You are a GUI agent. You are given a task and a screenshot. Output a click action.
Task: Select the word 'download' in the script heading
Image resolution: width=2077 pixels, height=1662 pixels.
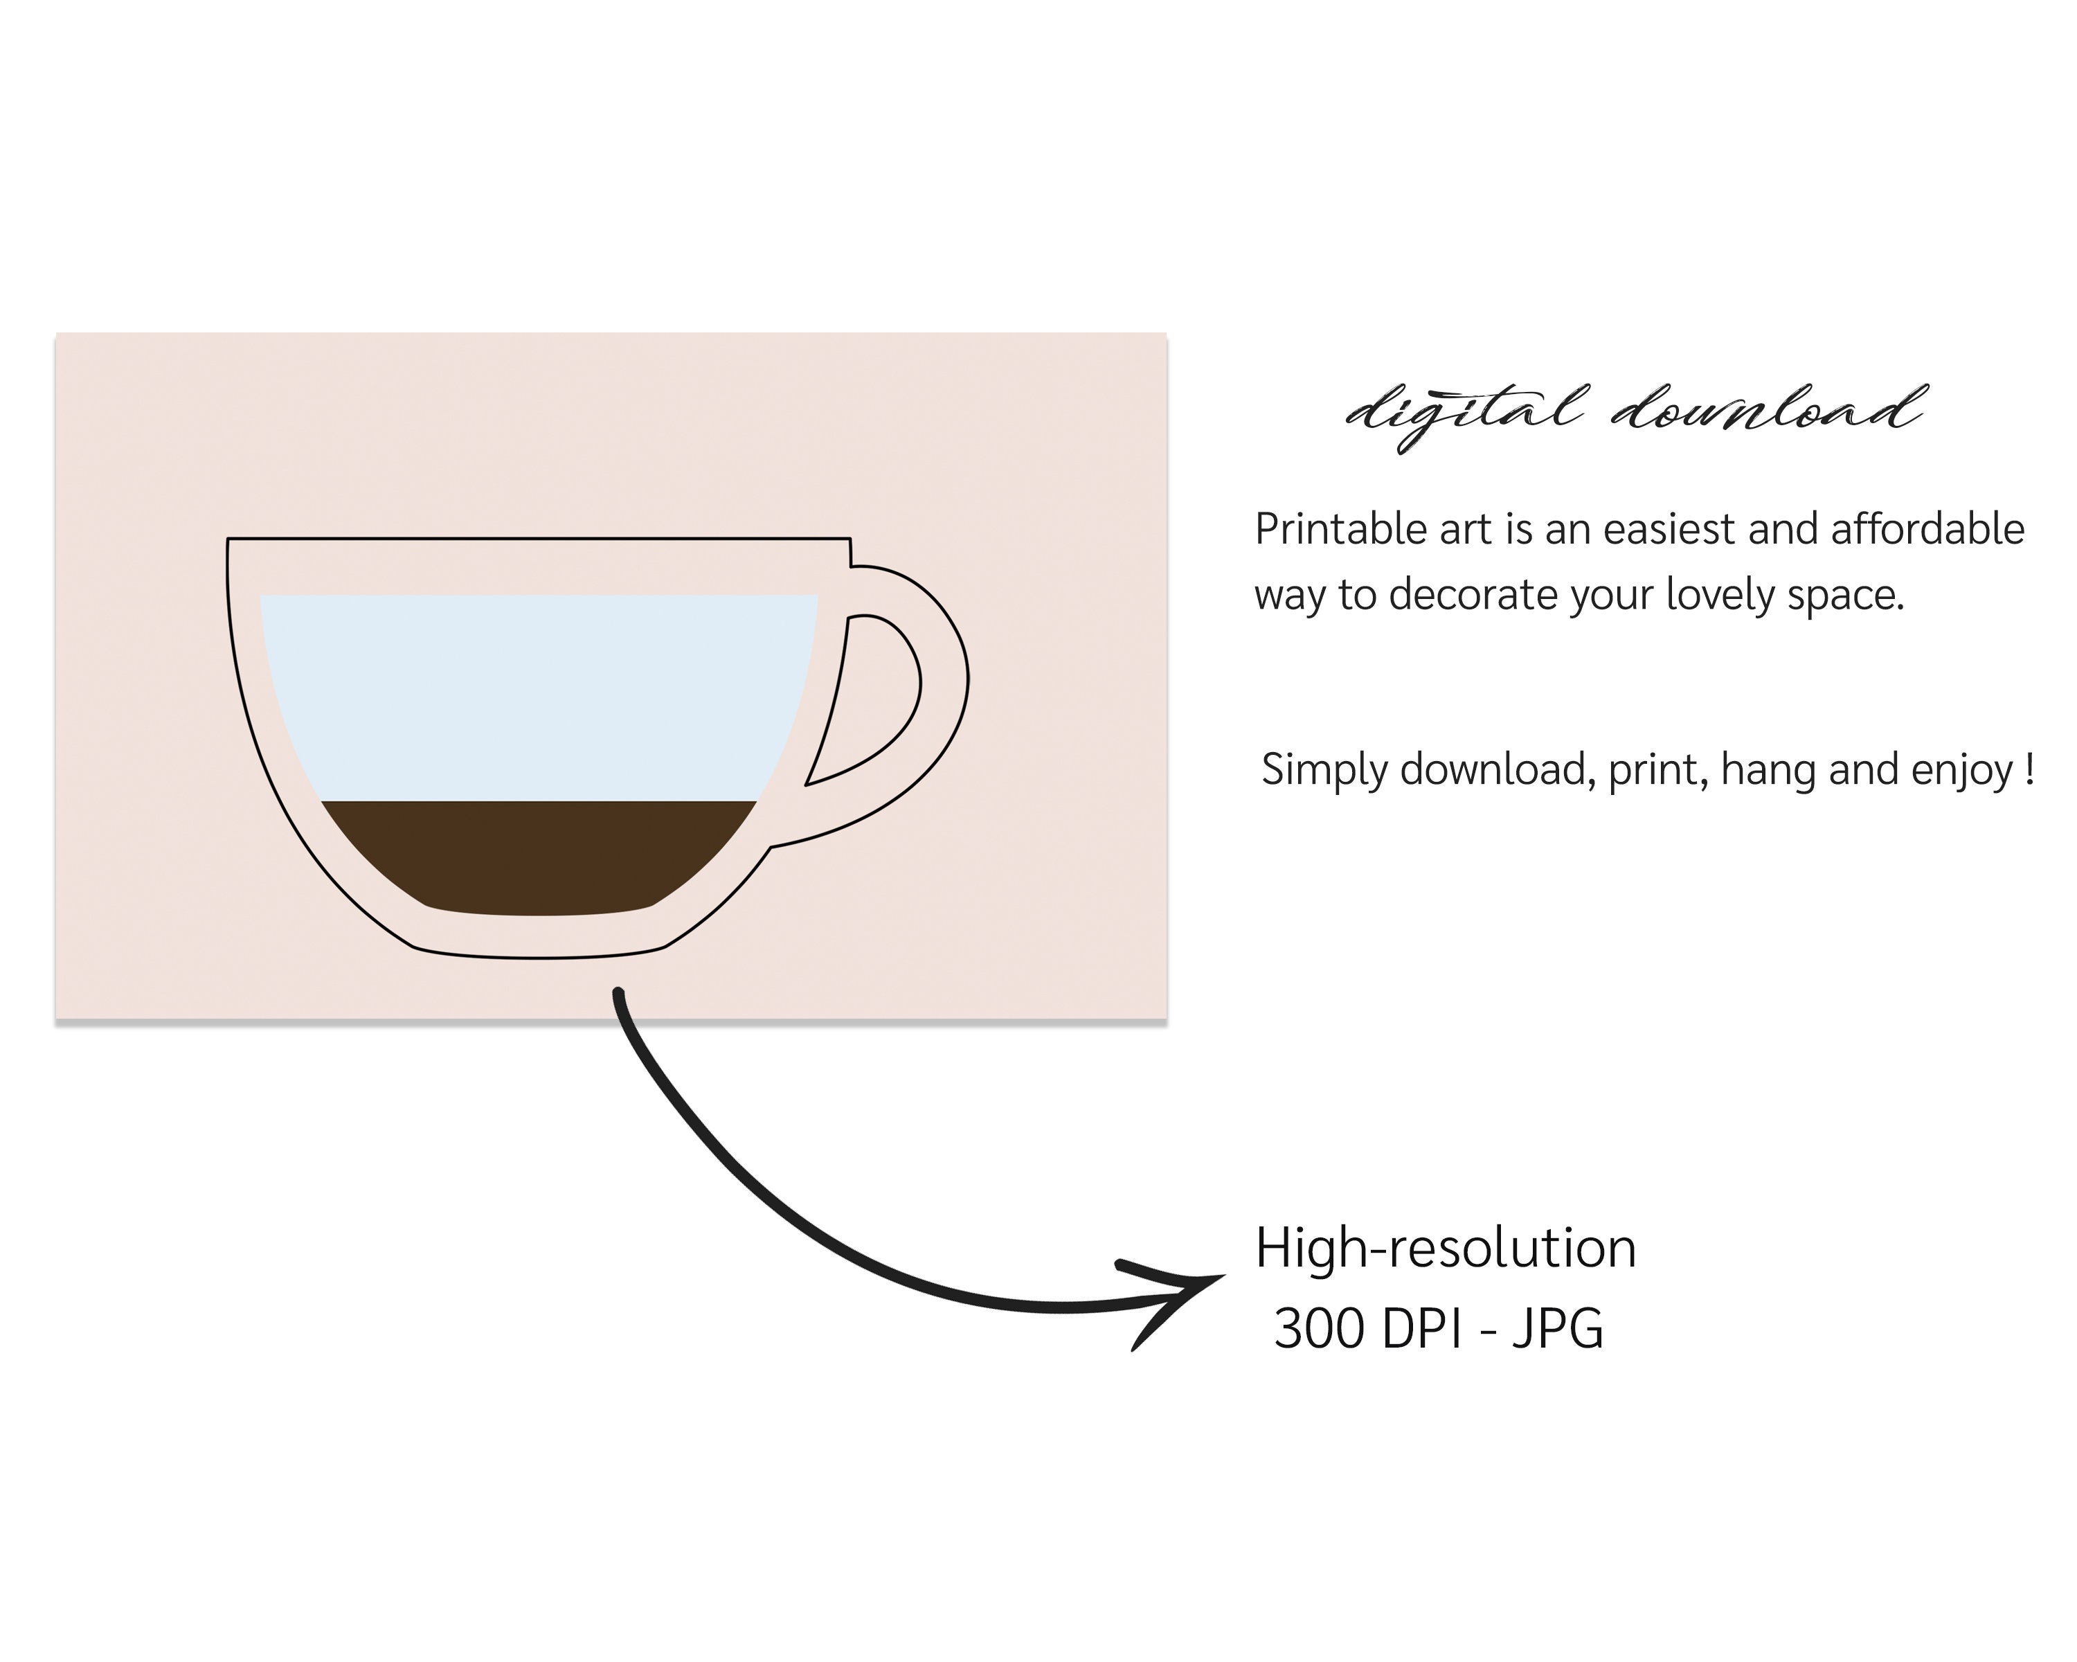[x=1768, y=409]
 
